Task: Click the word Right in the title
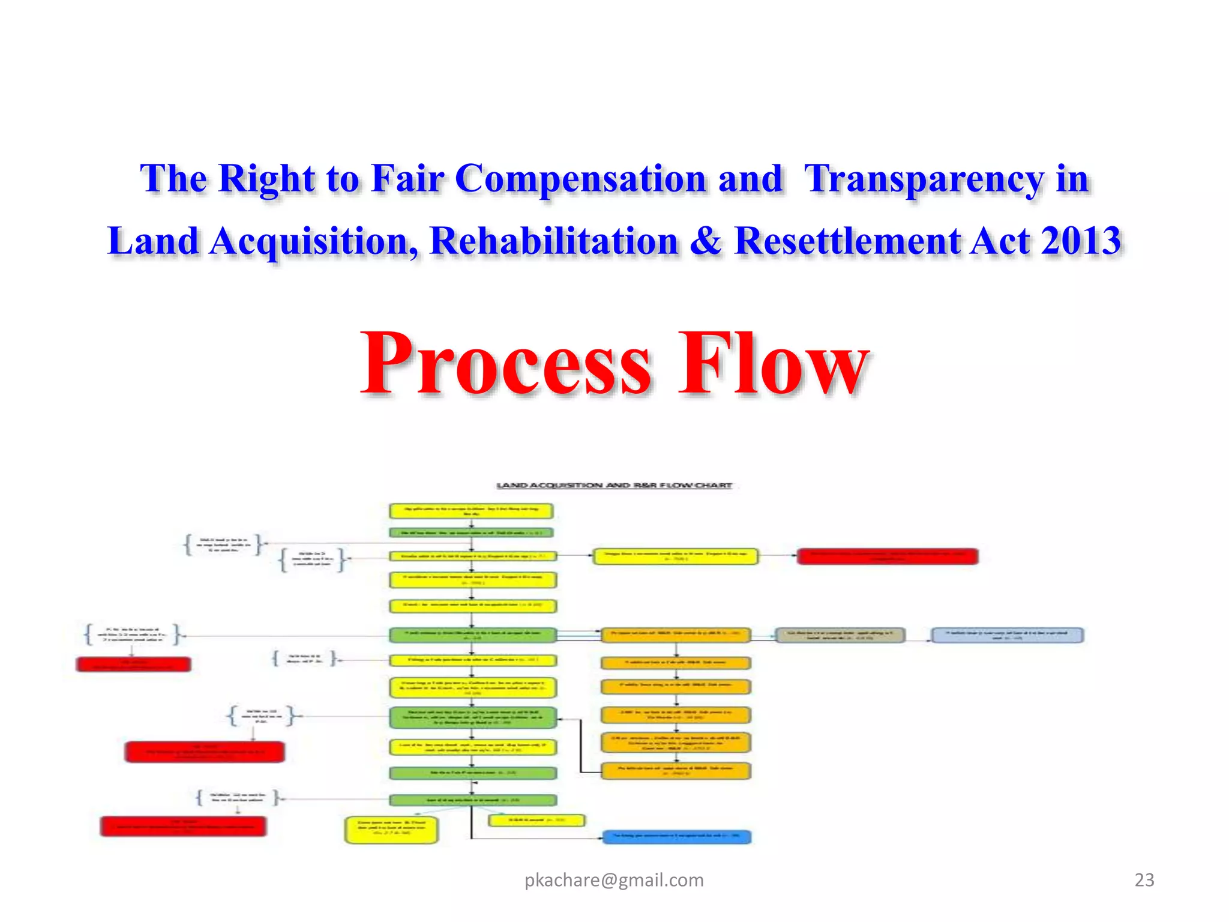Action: (266, 178)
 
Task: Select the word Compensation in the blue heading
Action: (580, 178)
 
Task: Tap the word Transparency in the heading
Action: (924, 178)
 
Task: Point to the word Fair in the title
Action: (407, 178)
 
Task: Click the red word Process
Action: (506, 364)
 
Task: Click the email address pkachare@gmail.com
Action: (614, 880)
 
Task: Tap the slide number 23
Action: (1144, 880)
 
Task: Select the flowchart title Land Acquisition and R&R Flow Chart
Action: (614, 485)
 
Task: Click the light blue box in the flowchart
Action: (1007, 635)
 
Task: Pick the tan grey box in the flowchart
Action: (840, 635)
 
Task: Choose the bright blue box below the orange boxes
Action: (676, 836)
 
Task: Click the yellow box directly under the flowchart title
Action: (471, 511)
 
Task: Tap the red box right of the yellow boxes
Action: (887, 556)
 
